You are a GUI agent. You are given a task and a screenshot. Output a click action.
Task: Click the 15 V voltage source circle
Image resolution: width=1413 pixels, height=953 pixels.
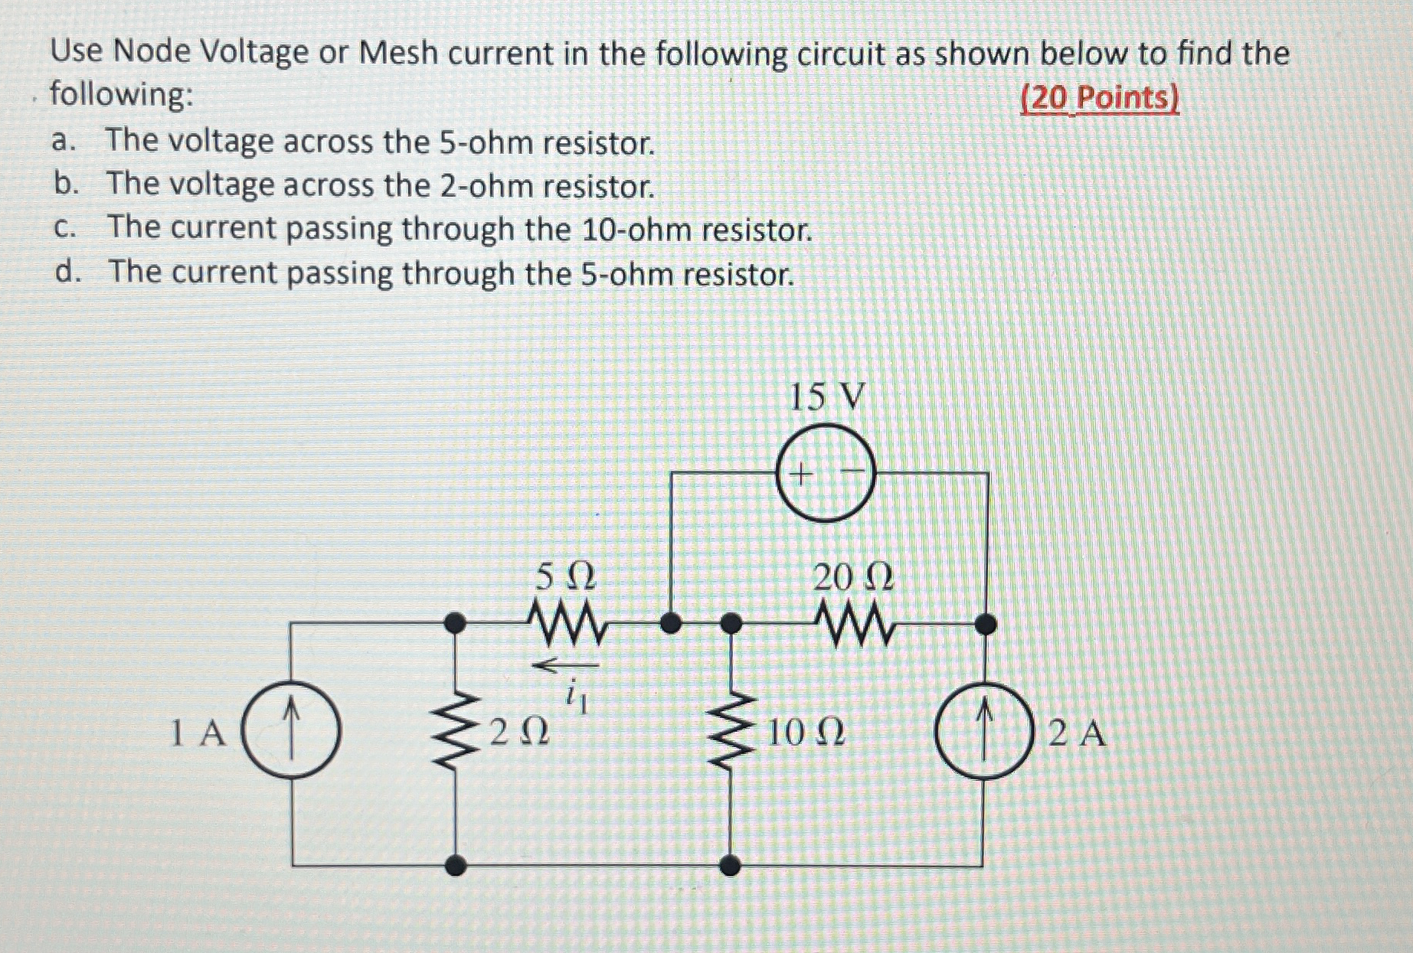tap(825, 475)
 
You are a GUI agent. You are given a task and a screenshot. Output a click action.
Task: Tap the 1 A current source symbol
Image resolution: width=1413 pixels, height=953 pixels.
tap(291, 732)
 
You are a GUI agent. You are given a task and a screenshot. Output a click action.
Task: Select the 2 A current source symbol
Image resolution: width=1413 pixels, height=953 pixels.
tap(985, 733)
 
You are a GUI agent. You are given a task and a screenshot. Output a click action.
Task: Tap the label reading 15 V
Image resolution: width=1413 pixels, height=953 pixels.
tap(826, 397)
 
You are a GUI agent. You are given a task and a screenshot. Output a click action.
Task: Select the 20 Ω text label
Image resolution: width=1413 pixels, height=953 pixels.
tap(852, 576)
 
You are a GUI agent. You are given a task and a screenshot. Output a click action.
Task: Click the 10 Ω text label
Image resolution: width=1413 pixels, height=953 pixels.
tap(805, 733)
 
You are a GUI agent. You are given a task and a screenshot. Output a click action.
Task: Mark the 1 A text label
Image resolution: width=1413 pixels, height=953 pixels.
tap(198, 734)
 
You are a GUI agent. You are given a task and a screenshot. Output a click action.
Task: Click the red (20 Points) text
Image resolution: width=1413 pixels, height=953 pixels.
tap(1100, 98)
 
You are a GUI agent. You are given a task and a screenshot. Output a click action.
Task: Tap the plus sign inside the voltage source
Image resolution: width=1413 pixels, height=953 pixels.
tap(800, 475)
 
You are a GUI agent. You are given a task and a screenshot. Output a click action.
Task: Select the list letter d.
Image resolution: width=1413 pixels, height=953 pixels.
tap(67, 272)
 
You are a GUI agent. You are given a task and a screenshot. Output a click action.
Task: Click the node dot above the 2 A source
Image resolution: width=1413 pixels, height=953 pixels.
tap(986, 625)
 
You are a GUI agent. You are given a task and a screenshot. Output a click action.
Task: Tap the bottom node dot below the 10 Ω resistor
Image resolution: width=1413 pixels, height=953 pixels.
tap(732, 866)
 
